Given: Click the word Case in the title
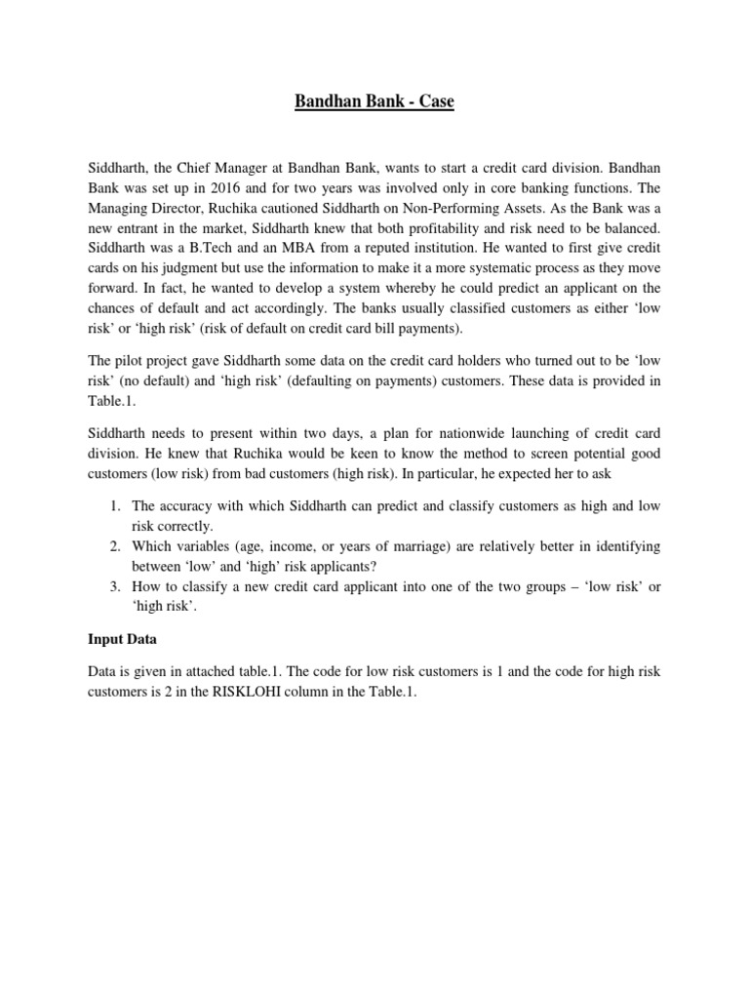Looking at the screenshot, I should click(436, 101).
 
